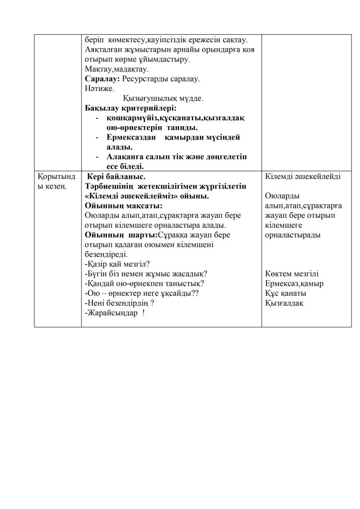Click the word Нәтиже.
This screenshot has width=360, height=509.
click(x=97, y=88)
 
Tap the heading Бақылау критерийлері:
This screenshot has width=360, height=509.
click(x=131, y=108)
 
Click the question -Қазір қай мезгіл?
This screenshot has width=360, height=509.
click(x=117, y=263)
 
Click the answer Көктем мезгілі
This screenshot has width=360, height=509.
click(x=292, y=273)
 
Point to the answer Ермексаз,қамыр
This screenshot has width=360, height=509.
click(x=294, y=283)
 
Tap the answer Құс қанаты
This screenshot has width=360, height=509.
click(x=286, y=293)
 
